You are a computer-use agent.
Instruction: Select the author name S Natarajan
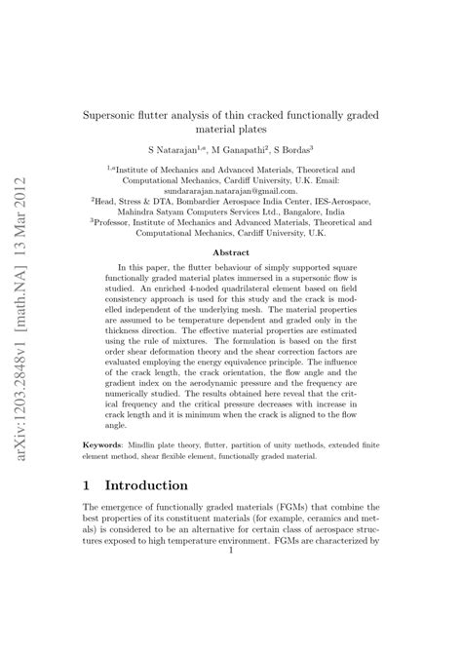point(172,152)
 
